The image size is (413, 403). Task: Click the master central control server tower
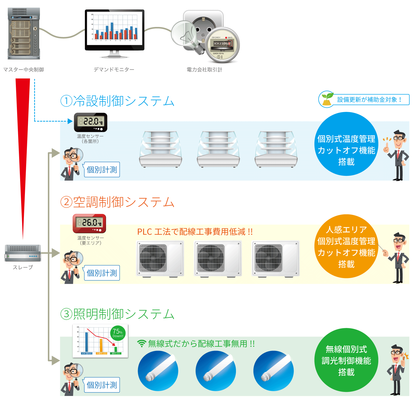[x=24, y=33]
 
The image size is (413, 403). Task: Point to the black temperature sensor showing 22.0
[x=90, y=122]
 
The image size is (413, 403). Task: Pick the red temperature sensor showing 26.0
[x=89, y=223]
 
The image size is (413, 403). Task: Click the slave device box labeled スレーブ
[x=23, y=253]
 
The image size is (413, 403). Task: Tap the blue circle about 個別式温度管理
[x=346, y=144]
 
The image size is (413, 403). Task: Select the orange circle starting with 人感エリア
[x=346, y=246]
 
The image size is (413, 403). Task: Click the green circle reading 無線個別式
[x=346, y=360]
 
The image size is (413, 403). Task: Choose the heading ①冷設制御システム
[x=117, y=101]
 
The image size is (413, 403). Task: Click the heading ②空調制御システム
[x=117, y=202]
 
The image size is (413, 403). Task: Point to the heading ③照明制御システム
[x=117, y=314]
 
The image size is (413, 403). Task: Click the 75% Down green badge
[x=118, y=333]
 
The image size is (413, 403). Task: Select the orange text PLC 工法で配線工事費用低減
[x=195, y=232]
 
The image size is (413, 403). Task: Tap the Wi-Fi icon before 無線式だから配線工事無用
[x=142, y=344]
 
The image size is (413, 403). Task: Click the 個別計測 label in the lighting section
[x=102, y=385]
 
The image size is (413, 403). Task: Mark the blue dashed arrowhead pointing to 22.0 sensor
[x=70, y=121]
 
